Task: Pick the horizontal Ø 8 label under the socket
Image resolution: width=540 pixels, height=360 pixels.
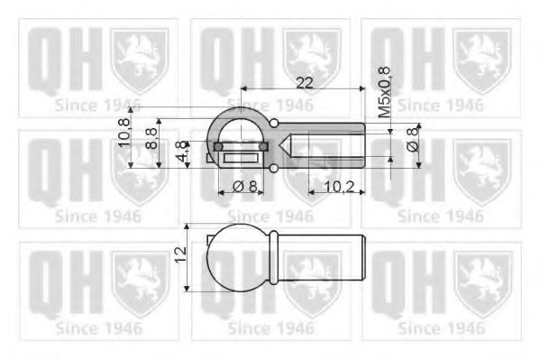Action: click(245, 186)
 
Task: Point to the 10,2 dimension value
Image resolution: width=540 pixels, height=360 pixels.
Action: click(336, 186)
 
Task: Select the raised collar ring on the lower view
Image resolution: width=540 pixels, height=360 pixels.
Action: click(274, 257)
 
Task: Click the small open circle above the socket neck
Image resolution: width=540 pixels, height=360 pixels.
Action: click(271, 123)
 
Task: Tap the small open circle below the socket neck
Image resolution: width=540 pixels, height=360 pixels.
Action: click(273, 169)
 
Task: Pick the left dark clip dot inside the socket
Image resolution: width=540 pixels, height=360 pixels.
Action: click(218, 147)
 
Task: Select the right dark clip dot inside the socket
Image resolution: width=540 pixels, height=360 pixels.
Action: click(263, 147)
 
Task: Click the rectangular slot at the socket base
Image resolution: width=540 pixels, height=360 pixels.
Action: click(241, 160)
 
